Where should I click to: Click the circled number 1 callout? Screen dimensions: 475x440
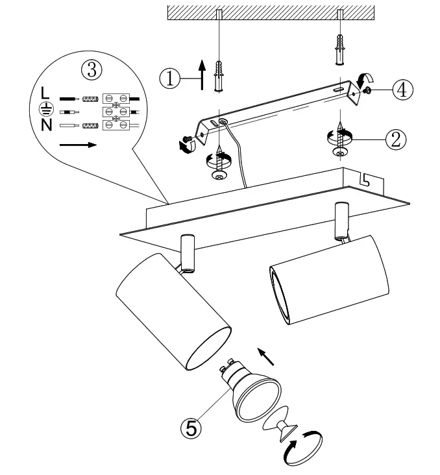[169, 77]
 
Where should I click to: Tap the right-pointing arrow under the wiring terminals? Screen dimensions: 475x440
[77, 145]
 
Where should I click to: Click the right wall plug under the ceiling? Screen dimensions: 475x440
[339, 48]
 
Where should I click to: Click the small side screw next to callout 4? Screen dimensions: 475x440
[367, 91]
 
